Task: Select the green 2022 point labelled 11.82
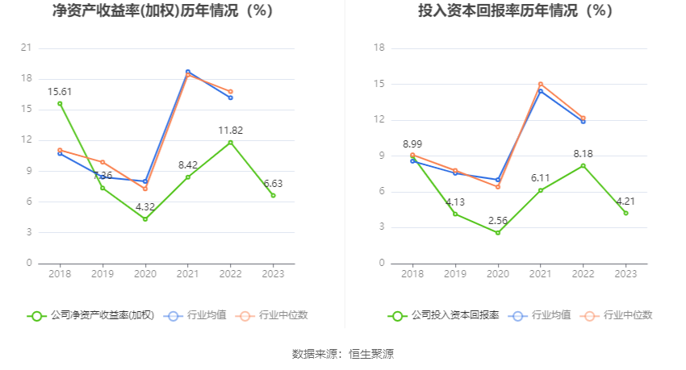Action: coord(231,142)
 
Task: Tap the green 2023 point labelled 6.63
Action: coord(274,195)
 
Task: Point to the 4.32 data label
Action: coord(145,206)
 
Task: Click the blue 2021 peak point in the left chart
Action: coord(188,72)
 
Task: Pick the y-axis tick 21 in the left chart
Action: coord(27,48)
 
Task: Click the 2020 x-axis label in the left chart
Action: coord(145,274)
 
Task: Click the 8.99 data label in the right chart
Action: coord(412,144)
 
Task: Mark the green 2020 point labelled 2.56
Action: coord(498,233)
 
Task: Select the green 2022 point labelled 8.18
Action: coord(584,166)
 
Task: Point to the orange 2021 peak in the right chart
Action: coord(541,84)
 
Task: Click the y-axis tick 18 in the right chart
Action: coord(379,48)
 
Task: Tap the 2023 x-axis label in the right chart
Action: coord(626,274)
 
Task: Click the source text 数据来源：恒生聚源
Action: coord(343,354)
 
